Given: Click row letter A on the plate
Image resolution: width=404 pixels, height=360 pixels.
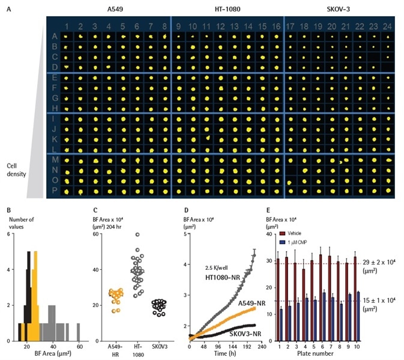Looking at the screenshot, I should coord(55,37).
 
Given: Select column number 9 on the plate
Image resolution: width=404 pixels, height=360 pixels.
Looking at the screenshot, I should coord(178,26).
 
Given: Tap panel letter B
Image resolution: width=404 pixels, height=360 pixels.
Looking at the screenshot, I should coord(8,209).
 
